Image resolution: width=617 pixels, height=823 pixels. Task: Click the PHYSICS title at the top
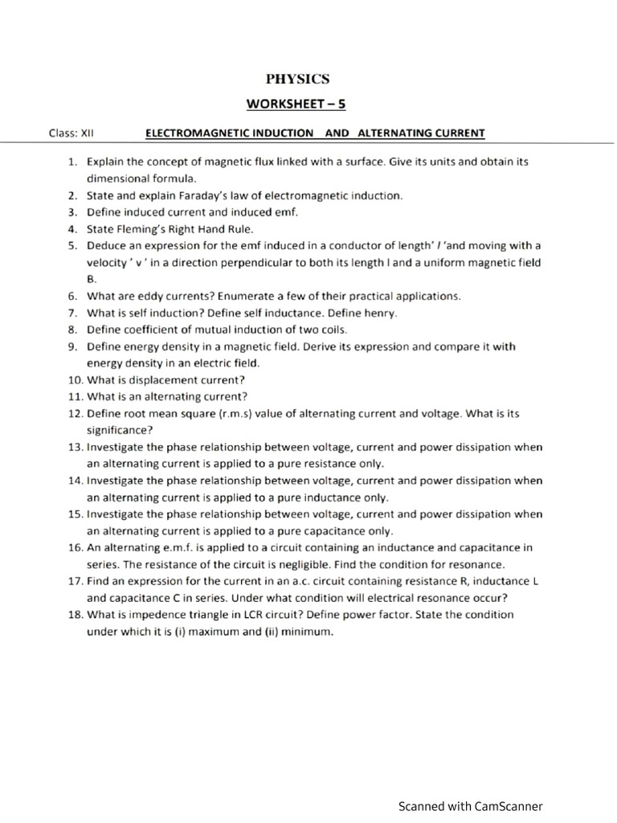[x=298, y=79]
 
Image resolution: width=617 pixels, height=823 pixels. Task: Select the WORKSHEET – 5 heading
[x=296, y=104]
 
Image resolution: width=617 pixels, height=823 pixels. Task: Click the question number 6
[x=72, y=296]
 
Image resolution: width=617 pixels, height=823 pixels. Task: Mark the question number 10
[x=74, y=379]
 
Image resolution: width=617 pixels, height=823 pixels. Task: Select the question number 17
[x=74, y=581]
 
